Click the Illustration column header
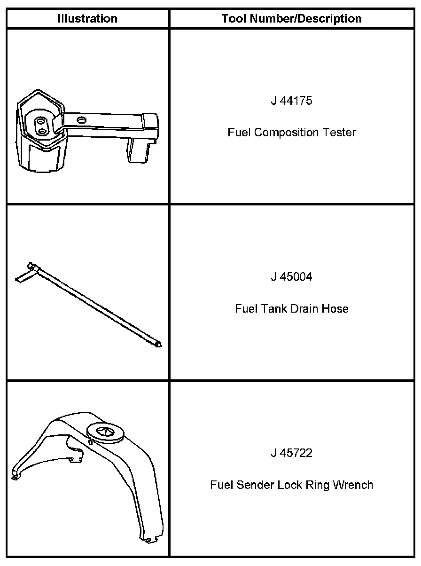pyautogui.click(x=87, y=19)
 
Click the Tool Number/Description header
pyautogui.click(x=291, y=19)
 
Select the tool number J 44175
pyautogui.click(x=291, y=101)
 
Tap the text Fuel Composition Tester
pyautogui.click(x=291, y=133)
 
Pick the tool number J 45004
pyautogui.click(x=291, y=277)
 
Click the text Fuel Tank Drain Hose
pyautogui.click(x=291, y=309)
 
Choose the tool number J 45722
pyautogui.click(x=291, y=453)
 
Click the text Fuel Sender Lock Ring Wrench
pyautogui.click(x=291, y=485)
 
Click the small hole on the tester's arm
pyautogui.click(x=83, y=120)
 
